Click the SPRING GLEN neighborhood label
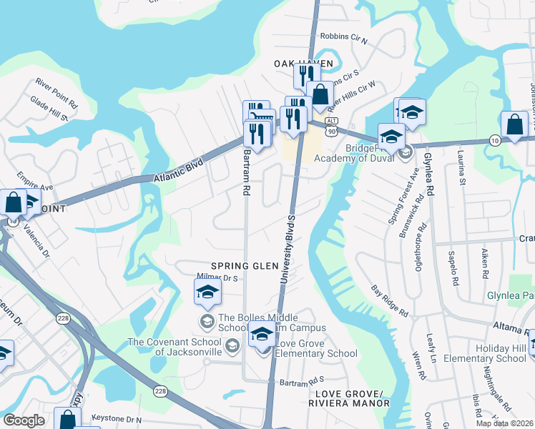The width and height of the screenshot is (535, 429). tap(245, 265)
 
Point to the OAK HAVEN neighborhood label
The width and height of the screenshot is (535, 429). tap(304, 64)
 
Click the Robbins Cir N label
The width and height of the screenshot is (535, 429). tap(343, 37)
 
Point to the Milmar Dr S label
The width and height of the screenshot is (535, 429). tap(216, 277)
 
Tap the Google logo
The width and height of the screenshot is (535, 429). tap(24, 420)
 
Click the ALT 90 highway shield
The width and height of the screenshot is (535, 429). tap(332, 127)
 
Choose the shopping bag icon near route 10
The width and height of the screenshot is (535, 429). tap(514, 124)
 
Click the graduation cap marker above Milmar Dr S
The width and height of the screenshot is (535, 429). tap(207, 291)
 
